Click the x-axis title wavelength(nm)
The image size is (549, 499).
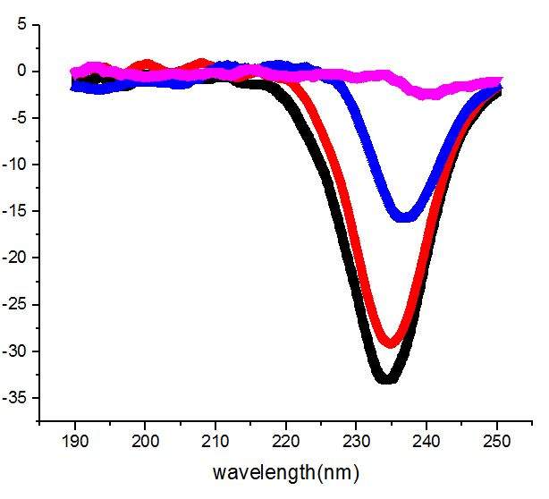[x=285, y=471]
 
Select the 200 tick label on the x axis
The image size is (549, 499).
[x=145, y=441]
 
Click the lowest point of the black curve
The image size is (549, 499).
[x=386, y=379]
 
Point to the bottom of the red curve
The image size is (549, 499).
[x=389, y=343]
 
